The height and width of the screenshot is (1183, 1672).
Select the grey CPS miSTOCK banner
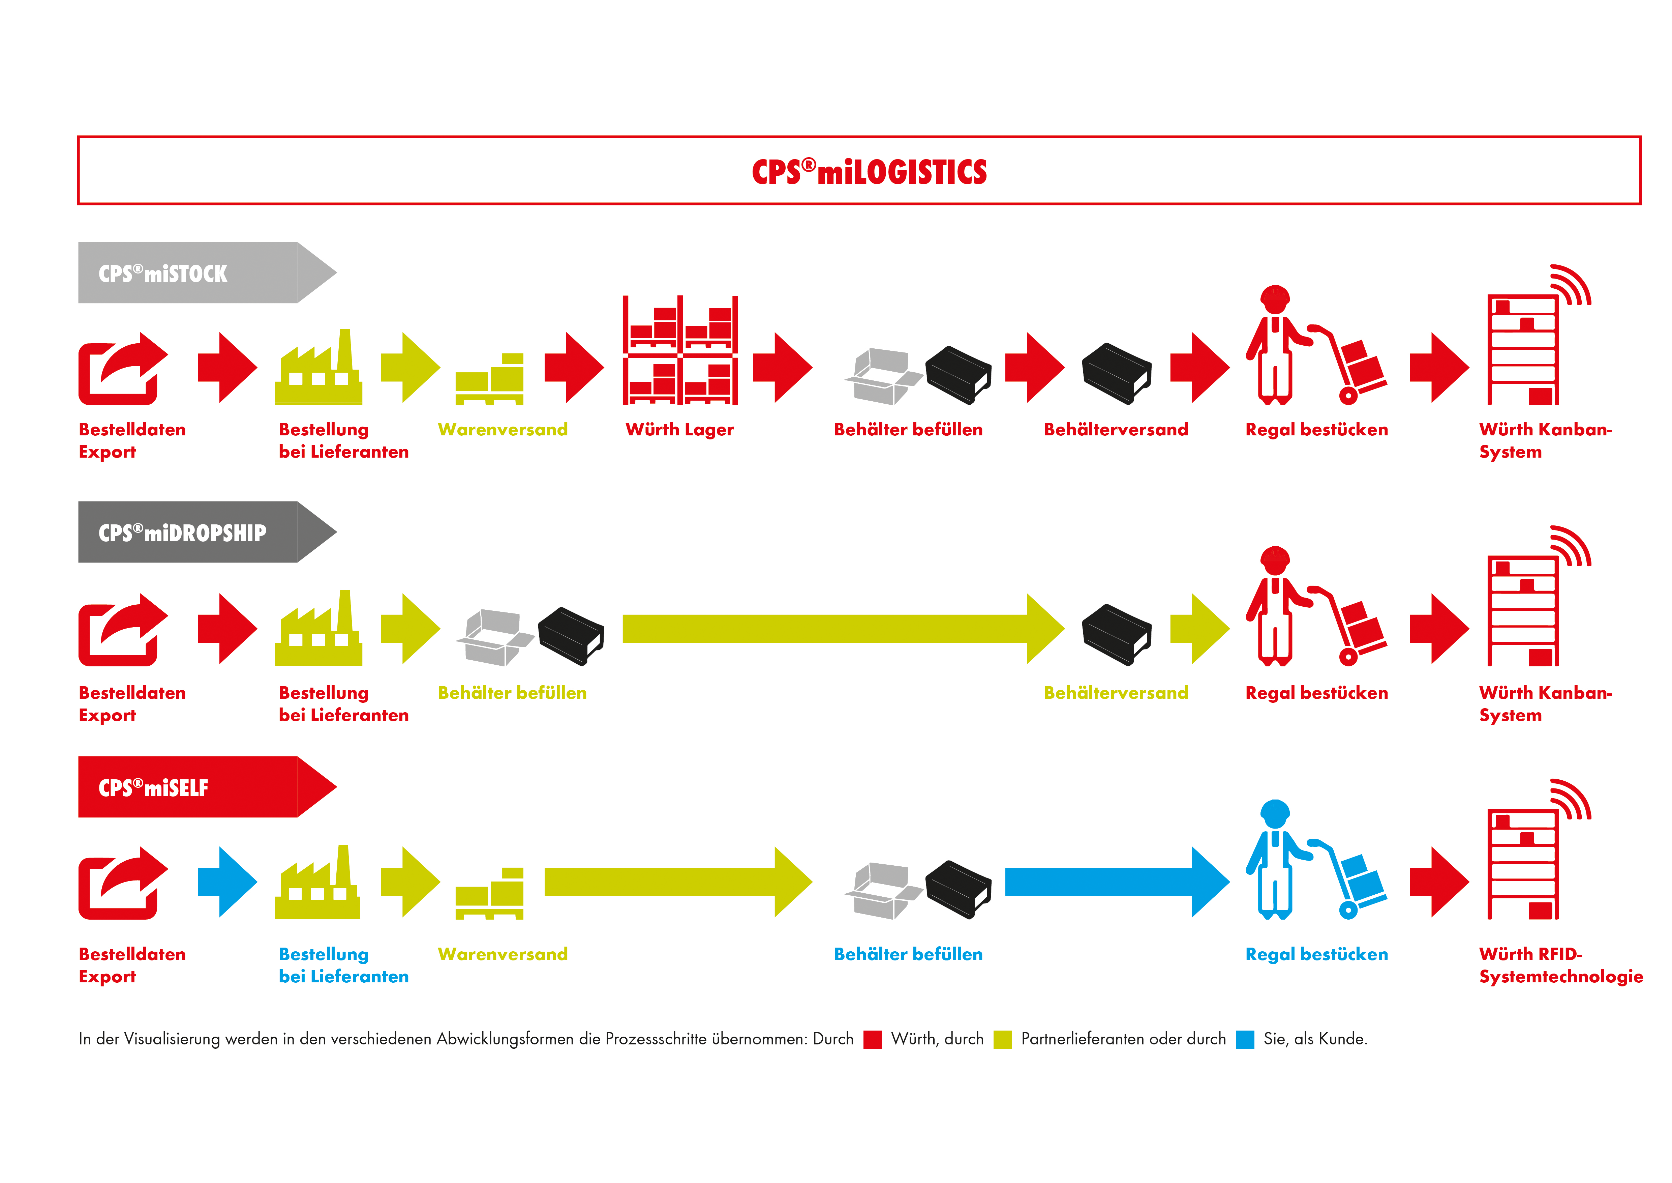coord(189,273)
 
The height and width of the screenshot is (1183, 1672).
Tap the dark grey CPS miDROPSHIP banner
coord(189,532)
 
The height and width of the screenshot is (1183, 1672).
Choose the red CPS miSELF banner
coord(189,787)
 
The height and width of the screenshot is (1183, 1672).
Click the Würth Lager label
coord(679,430)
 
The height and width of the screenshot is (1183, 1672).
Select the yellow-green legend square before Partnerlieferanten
coord(1003,1039)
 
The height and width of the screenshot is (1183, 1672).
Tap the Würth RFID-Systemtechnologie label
coord(1560,965)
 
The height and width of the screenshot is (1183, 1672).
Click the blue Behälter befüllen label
coord(907,954)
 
